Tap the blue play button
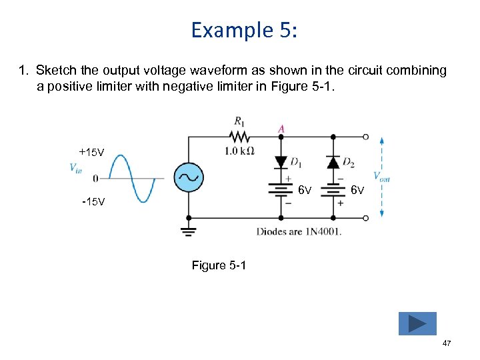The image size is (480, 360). (417, 323)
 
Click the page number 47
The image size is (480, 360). (446, 343)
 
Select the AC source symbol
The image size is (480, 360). (189, 178)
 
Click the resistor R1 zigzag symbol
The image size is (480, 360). (238, 137)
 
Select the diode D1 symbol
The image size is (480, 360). (281, 161)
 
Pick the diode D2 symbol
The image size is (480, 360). (332, 162)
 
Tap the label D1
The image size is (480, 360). (295, 163)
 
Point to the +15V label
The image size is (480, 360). (91, 153)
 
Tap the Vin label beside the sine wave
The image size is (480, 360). (76, 168)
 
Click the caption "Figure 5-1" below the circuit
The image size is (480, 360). (219, 265)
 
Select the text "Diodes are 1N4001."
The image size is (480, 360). (299, 232)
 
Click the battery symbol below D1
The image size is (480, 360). (281, 191)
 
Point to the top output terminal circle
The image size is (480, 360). (365, 137)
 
